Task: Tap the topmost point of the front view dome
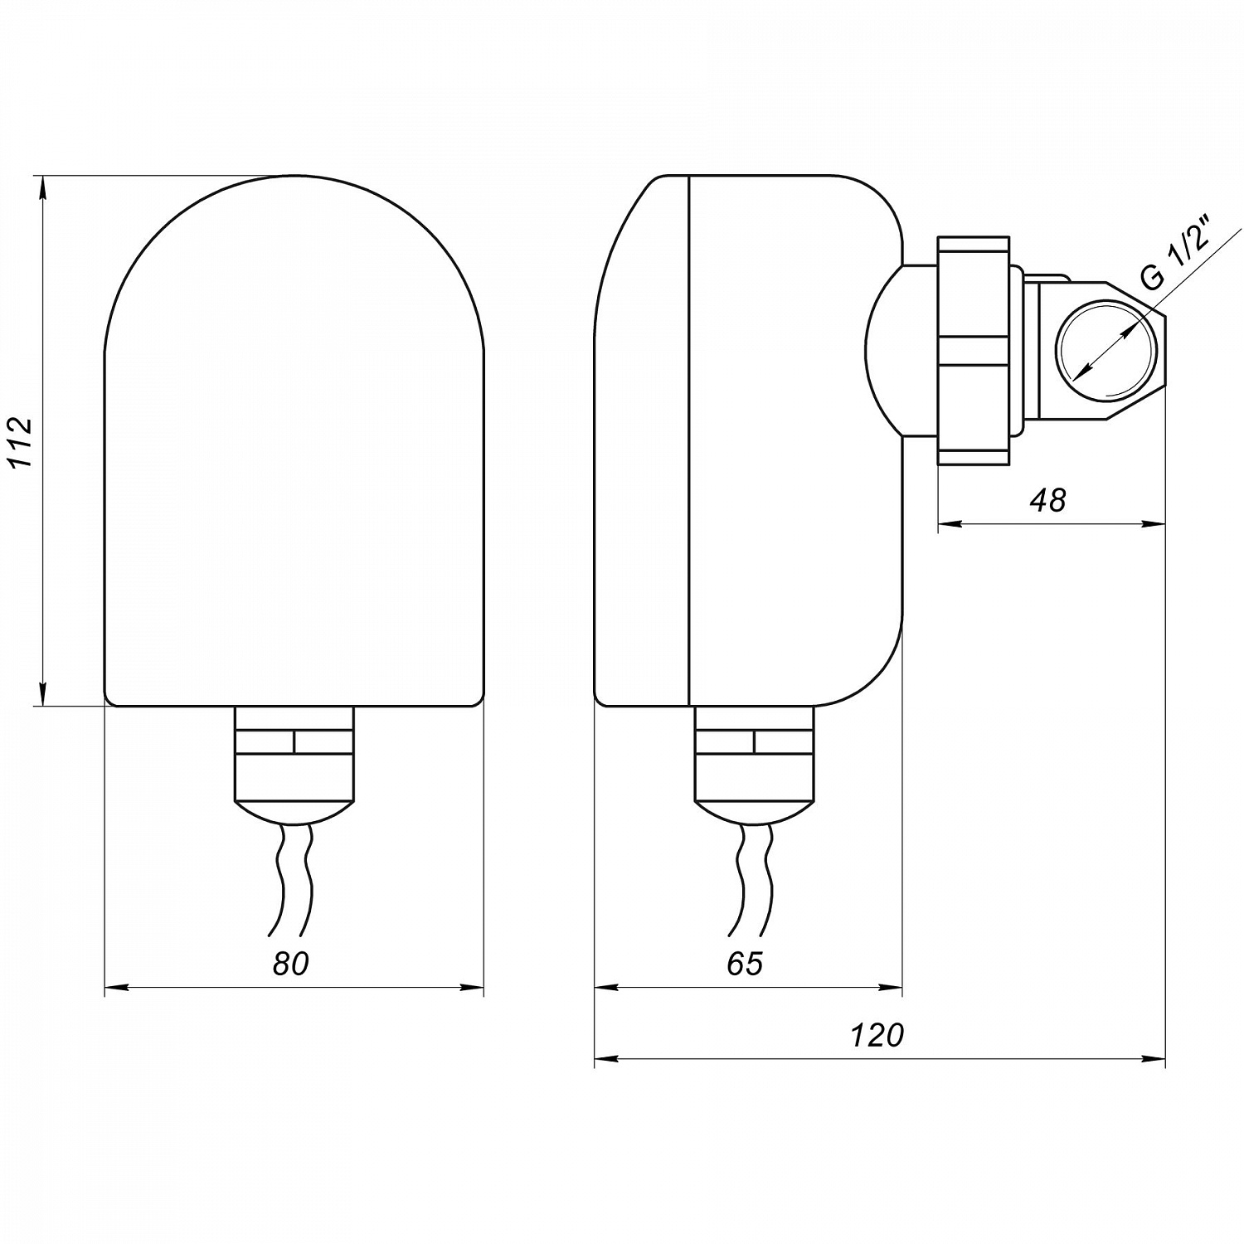(x=294, y=175)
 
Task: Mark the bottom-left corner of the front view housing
(x=105, y=706)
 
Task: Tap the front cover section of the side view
(x=643, y=440)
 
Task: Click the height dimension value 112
(x=22, y=442)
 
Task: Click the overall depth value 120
(x=877, y=1035)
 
